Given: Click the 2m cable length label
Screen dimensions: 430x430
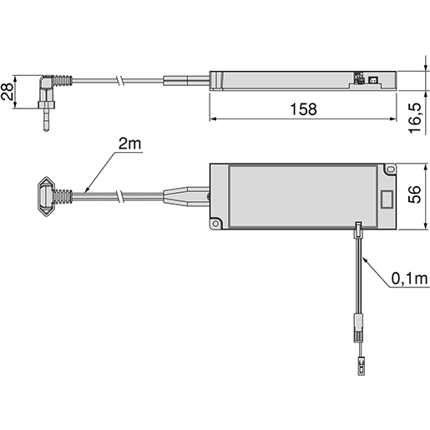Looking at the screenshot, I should click(x=129, y=144).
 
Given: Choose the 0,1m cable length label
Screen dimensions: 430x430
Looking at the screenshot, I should click(x=407, y=277).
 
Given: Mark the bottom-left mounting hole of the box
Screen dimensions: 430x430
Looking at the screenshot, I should click(x=216, y=225).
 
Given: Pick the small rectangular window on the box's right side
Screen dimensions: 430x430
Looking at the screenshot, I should click(x=387, y=200).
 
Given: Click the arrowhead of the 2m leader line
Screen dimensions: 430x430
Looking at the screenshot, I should click(x=88, y=191).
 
